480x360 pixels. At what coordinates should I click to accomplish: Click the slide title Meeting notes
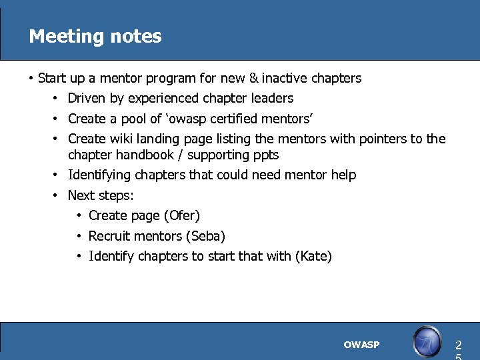coord(95,36)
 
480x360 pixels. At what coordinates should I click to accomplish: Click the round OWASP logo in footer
coord(427,342)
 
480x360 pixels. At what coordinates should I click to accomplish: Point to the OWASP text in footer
coord(361,345)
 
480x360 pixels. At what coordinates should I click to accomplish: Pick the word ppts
coord(265,155)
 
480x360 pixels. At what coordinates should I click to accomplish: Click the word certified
coord(231,119)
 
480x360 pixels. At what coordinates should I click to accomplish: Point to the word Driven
coord(87,98)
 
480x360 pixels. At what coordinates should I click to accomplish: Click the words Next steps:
coord(100,195)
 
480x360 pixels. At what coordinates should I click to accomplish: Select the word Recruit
coord(109,236)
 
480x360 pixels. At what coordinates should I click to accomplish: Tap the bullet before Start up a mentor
coord(31,78)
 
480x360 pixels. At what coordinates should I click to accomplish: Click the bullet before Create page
coord(79,215)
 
